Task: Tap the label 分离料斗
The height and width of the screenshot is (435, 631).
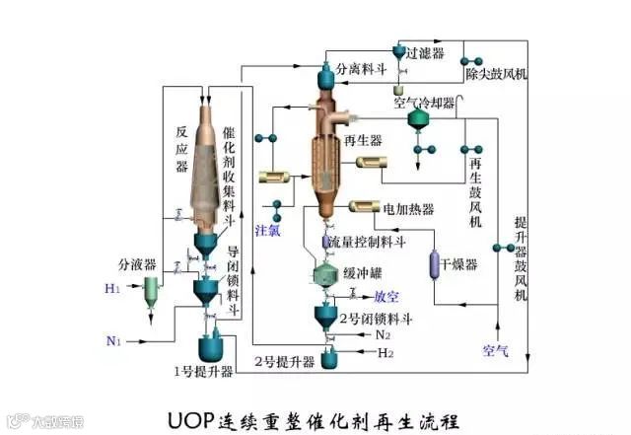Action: [x=361, y=71]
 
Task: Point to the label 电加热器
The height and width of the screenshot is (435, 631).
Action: [x=408, y=209]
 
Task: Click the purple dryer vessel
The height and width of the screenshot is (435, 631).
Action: [x=431, y=264]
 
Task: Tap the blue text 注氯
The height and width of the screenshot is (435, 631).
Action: [x=268, y=232]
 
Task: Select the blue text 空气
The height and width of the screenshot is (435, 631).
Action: [x=495, y=349]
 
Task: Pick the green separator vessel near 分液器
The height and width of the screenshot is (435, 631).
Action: [x=151, y=288]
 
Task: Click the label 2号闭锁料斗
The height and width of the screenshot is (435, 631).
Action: [x=377, y=318]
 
